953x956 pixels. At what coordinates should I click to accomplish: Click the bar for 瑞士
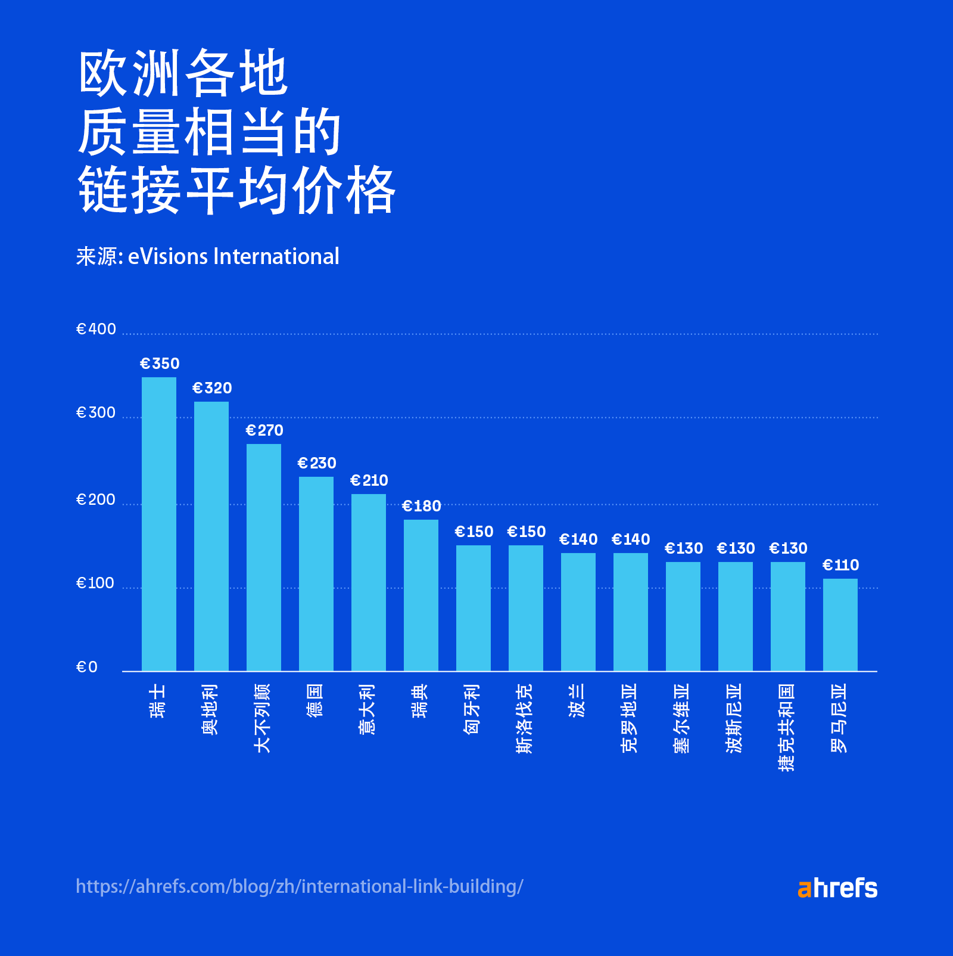click(159, 524)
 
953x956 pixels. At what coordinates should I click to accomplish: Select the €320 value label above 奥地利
click(212, 388)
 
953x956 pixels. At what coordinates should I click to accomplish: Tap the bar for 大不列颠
click(264, 557)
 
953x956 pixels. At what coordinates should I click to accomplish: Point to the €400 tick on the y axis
click(96, 329)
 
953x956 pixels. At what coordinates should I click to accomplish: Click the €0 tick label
click(87, 667)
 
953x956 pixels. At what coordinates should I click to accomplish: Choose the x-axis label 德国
click(316, 700)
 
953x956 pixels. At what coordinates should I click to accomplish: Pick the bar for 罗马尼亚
click(840, 625)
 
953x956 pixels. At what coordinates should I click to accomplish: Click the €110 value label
click(840, 565)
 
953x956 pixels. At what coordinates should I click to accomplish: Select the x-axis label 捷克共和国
click(787, 727)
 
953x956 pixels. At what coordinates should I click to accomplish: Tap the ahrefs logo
click(837, 888)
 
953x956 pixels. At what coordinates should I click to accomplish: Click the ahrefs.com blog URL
click(300, 886)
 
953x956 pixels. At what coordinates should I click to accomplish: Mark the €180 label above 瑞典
click(421, 506)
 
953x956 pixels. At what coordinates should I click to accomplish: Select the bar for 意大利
click(369, 582)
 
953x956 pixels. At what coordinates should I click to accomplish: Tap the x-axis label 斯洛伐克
click(525, 718)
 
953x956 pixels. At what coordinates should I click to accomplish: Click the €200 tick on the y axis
click(96, 499)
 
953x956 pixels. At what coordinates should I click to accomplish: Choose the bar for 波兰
click(578, 612)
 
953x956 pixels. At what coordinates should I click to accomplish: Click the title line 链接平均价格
click(236, 190)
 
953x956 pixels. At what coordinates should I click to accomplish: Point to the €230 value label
click(316, 463)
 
